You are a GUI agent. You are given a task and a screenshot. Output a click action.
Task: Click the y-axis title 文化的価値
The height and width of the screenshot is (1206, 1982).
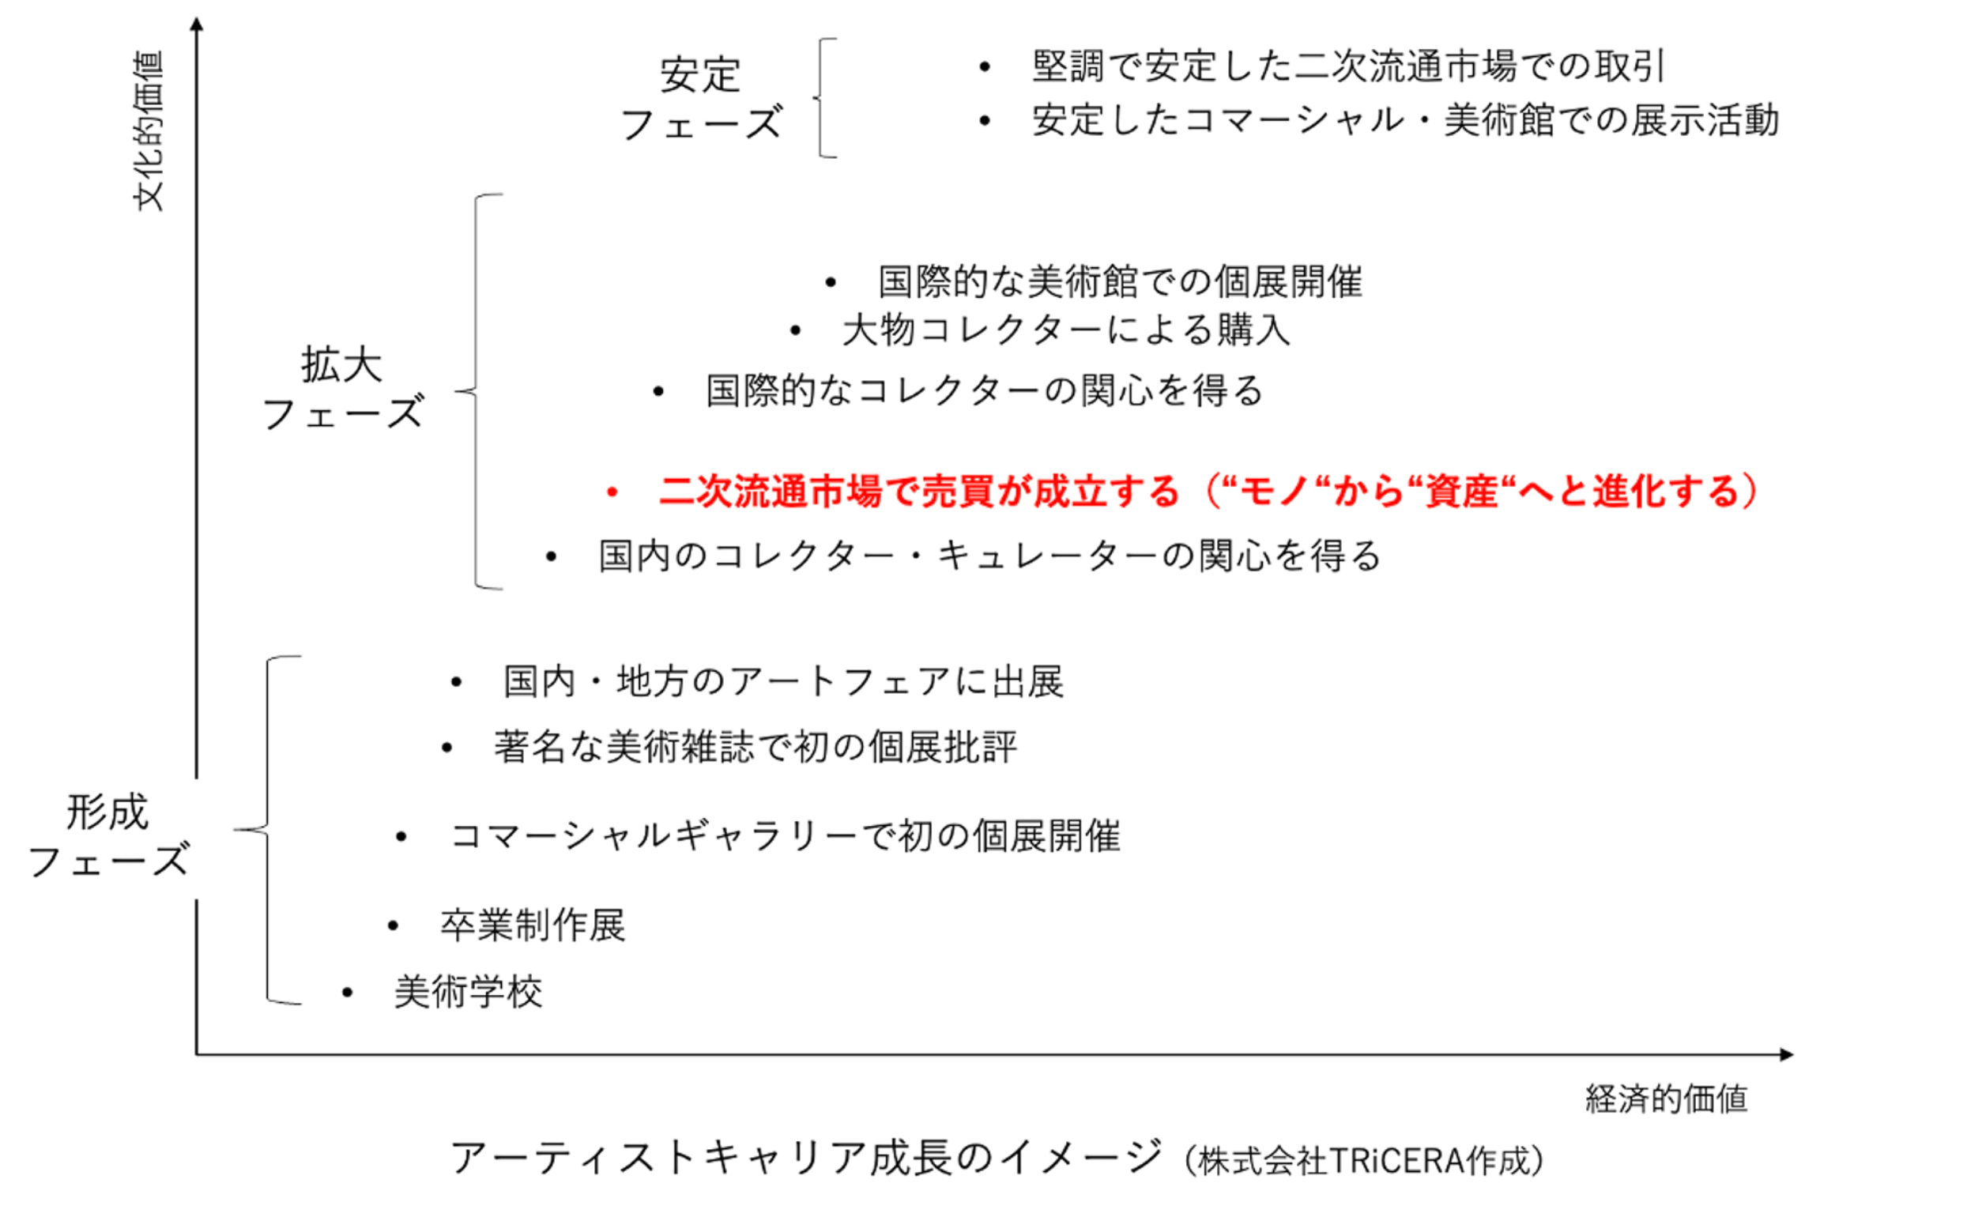pyautogui.click(x=148, y=131)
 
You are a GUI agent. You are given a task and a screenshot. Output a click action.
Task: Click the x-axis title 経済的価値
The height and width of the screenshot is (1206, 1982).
pyautogui.click(x=1666, y=1099)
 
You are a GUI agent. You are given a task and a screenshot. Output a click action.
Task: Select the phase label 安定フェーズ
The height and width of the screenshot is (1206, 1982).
pyautogui.click(x=701, y=100)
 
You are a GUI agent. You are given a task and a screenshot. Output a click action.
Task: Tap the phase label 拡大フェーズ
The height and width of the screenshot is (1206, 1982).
pyautogui.click(x=342, y=390)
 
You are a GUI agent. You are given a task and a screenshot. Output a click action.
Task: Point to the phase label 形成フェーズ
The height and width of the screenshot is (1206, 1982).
pyautogui.click(x=107, y=837)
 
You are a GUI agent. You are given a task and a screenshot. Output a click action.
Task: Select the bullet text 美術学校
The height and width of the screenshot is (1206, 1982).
pyautogui.click(x=468, y=992)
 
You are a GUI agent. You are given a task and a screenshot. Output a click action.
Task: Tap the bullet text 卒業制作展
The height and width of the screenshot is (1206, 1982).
pyautogui.click(x=533, y=925)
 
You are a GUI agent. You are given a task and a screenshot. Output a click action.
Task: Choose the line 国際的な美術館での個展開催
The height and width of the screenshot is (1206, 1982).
pyautogui.click(x=1120, y=282)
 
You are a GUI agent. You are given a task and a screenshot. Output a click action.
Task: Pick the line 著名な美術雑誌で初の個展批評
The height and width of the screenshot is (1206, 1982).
pyautogui.click(x=755, y=748)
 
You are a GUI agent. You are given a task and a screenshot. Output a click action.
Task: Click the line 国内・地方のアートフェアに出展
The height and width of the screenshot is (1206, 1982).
pyautogui.click(x=783, y=682)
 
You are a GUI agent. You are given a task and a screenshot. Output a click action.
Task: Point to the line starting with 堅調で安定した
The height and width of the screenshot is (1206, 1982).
pyautogui.click(x=1348, y=66)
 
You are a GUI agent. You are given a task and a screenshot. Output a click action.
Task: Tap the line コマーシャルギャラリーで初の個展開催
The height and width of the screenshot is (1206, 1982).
pyautogui.click(x=785, y=837)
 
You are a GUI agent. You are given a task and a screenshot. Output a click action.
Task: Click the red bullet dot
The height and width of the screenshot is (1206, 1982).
pyautogui.click(x=612, y=492)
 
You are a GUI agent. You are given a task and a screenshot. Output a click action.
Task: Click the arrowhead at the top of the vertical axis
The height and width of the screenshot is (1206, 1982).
pyautogui.click(x=197, y=24)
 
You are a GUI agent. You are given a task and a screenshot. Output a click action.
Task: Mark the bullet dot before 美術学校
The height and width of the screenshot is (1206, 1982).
pyautogui.click(x=348, y=993)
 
